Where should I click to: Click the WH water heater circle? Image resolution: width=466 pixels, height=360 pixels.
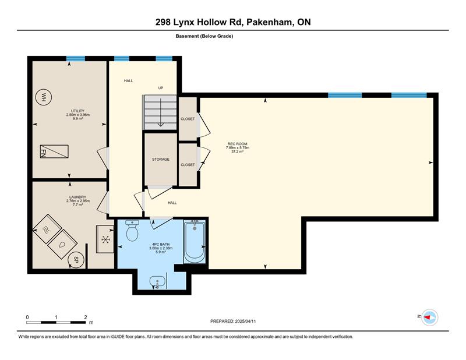44,97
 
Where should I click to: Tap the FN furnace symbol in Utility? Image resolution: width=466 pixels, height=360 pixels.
54,151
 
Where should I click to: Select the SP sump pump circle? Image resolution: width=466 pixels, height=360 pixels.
76,259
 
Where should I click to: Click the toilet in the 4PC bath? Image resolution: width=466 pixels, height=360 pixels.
132,231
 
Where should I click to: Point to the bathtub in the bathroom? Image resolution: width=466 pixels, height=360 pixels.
195,241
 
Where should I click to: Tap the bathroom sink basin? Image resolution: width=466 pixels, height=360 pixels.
157,282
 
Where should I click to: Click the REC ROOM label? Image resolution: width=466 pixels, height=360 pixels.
238,144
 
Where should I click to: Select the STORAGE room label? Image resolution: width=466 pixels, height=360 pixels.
161,160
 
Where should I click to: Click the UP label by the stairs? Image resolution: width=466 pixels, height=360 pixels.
161,88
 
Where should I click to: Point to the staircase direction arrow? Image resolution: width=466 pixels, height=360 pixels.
161,112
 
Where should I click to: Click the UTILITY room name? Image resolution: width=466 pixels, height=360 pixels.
77,111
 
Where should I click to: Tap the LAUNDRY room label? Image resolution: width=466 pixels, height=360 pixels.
77,197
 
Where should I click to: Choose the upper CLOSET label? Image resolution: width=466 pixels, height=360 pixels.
188,119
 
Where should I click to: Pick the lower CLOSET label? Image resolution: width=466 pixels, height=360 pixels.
188,165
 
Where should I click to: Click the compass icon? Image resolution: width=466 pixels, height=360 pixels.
430,317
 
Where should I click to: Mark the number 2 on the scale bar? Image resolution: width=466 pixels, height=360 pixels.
86,317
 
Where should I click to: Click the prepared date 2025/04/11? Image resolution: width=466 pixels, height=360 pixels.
245,322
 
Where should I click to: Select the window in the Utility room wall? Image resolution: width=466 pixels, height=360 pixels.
76,59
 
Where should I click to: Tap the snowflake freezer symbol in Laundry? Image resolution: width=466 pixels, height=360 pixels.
105,239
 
